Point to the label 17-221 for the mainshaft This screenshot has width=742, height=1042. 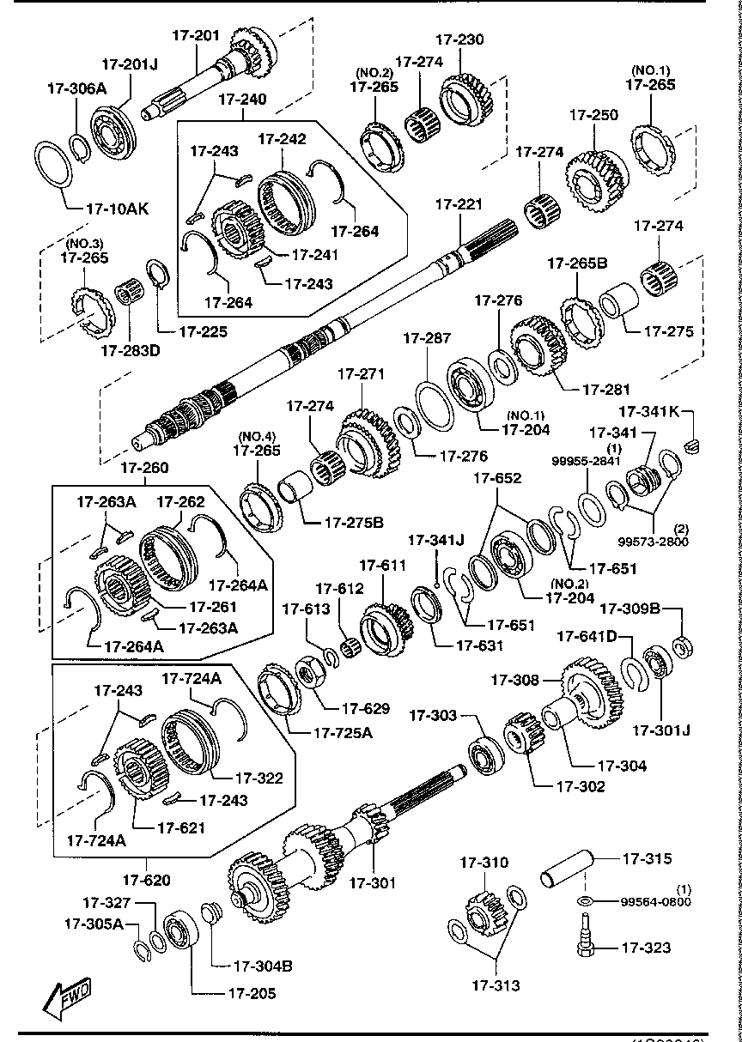coord(459,204)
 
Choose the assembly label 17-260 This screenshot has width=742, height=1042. coord(144,468)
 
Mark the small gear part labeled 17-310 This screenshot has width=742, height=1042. coord(484,912)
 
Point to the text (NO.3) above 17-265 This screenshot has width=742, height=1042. coord(84,242)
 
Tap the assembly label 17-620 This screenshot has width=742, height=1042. coord(145,879)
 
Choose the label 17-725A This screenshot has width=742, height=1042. coord(343,732)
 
